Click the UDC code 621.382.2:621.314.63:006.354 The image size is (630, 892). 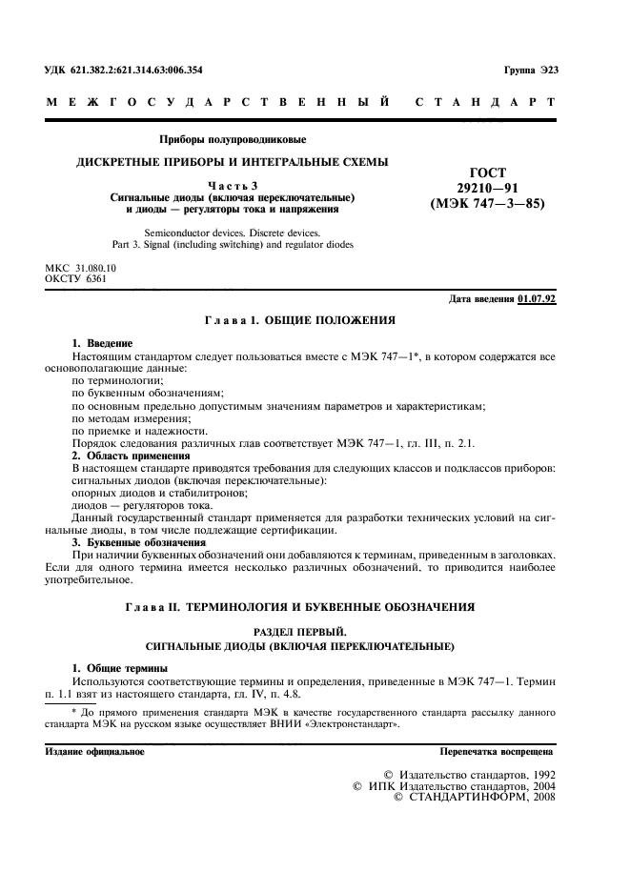tap(124, 71)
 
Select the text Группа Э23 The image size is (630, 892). tap(530, 71)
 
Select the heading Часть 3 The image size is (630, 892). tap(232, 184)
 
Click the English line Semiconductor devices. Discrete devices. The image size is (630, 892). tap(233, 233)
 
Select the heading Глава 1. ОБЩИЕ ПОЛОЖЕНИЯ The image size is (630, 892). tap(300, 322)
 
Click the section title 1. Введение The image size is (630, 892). tap(103, 343)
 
